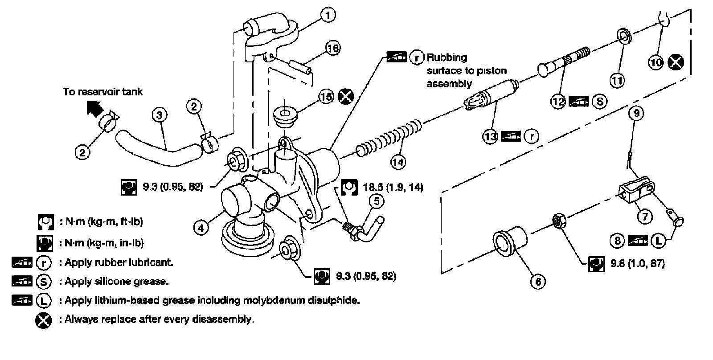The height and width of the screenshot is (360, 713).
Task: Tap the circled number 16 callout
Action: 332,47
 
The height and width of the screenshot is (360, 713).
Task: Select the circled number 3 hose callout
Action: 159,115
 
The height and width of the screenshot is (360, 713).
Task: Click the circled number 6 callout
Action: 538,281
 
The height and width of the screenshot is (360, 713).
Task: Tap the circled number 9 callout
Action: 636,113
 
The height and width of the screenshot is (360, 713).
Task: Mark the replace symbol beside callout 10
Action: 676,62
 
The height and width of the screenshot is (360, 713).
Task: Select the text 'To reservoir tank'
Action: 102,91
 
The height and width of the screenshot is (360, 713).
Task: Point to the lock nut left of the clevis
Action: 558,221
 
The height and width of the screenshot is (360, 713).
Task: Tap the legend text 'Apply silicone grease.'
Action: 117,281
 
